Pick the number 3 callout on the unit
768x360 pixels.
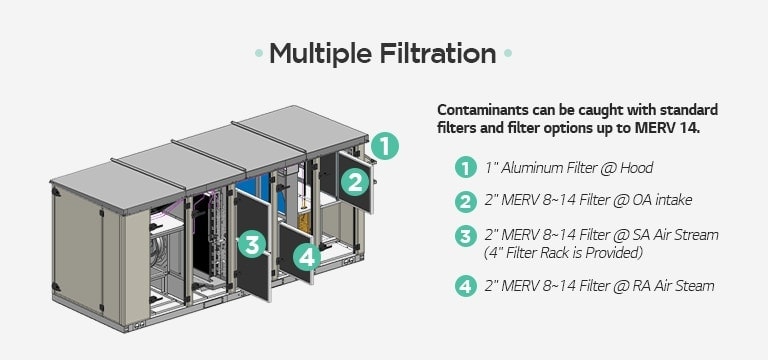252,243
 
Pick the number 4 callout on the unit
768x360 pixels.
307,257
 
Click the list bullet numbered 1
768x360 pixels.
464,168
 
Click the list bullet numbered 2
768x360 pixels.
464,202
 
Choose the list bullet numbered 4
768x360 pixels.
464,286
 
